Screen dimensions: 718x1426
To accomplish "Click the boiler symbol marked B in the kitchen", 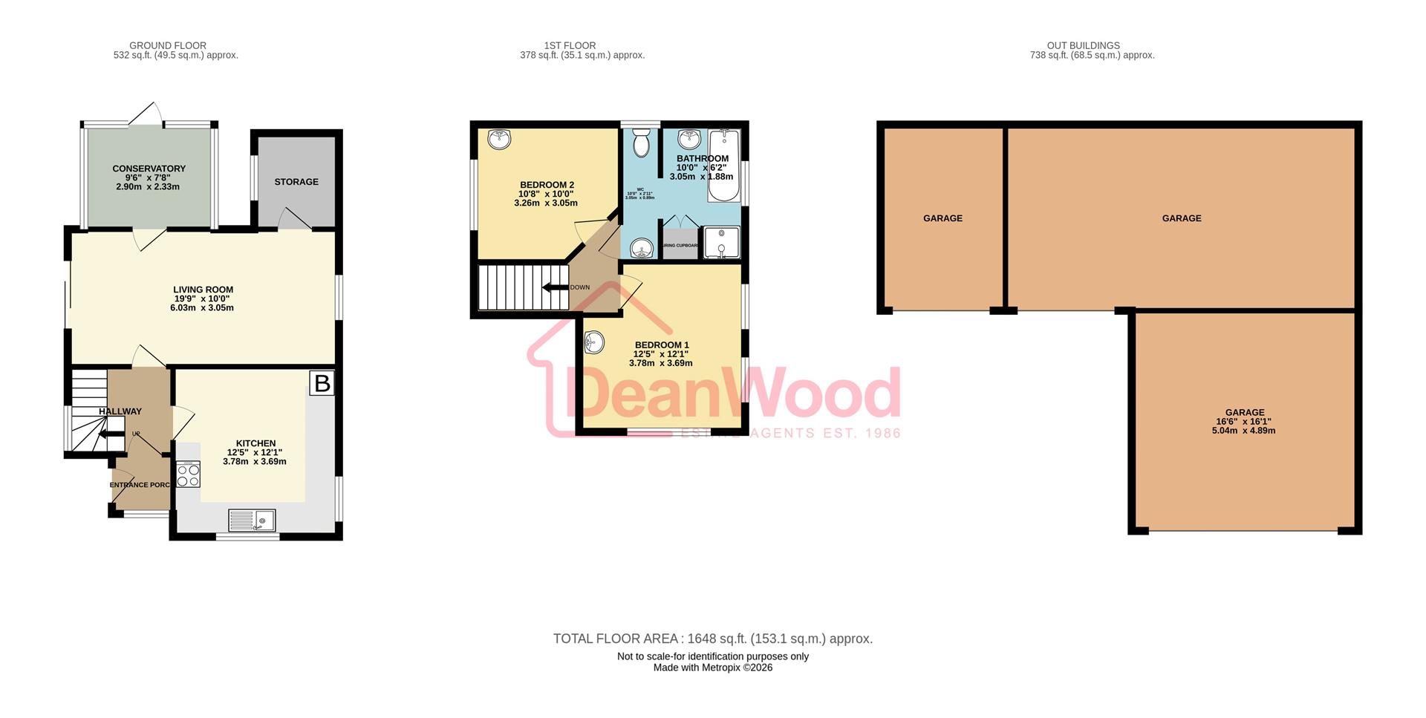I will (322, 383).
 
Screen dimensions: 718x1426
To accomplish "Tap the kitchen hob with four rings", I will (189, 474).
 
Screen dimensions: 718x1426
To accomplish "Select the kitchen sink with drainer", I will (252, 520).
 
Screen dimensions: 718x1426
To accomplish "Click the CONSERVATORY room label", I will (149, 169).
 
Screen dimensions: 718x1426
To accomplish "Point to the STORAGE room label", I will (296, 182).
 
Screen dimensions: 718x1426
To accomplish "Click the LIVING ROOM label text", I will (203, 290).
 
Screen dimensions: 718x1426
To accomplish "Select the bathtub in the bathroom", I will (724, 166).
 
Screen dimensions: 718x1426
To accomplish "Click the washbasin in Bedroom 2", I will (499, 138).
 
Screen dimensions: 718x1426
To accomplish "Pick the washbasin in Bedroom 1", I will (594, 342).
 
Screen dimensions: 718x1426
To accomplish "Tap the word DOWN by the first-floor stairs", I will (580, 287).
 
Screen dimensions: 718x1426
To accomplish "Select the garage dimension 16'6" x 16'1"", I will (1244, 422).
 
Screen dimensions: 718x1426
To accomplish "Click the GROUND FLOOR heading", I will (168, 45).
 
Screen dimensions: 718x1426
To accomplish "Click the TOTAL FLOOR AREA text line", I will (712, 639).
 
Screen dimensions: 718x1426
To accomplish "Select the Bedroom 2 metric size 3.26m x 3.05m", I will (545, 203).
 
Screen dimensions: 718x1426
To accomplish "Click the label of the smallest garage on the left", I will (942, 218).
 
